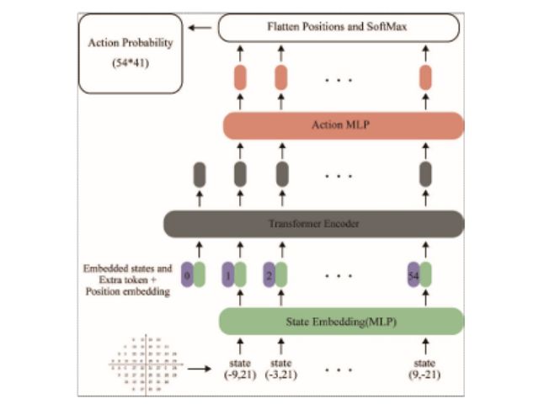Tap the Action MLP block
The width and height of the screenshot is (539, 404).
[x=344, y=126]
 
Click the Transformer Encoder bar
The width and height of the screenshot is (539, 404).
[x=313, y=224]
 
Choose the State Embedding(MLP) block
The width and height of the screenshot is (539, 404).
[x=341, y=321]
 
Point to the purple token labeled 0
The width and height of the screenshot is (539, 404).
[x=188, y=274]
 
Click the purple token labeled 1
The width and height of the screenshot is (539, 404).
[x=228, y=274]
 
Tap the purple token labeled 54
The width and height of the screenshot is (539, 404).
[x=414, y=274]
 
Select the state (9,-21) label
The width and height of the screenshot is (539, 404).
[x=425, y=371]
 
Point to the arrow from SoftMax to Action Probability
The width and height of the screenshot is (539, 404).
[x=200, y=29]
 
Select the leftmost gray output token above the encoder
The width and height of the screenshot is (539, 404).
[x=200, y=174]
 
